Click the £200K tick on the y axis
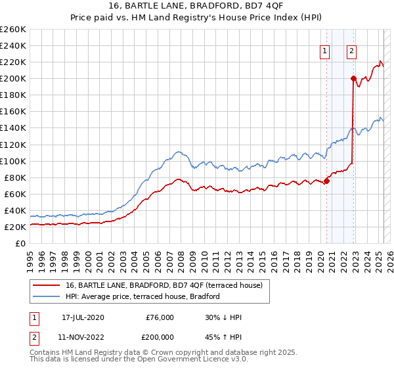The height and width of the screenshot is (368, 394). pyautogui.click(x=13, y=78)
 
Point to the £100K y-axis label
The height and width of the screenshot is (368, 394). pyautogui.click(x=13, y=161)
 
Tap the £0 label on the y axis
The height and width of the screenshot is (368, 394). pyautogui.click(x=20, y=243)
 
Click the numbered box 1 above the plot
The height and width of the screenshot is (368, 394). pyautogui.click(x=325, y=52)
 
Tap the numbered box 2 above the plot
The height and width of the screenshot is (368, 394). pyautogui.click(x=351, y=52)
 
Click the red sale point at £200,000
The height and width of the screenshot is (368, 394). pyautogui.click(x=353, y=79)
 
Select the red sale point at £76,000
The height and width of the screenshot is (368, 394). pyautogui.click(x=326, y=181)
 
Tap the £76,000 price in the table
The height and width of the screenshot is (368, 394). pyautogui.click(x=159, y=317)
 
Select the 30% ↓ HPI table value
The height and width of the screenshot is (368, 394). pyautogui.click(x=223, y=317)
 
